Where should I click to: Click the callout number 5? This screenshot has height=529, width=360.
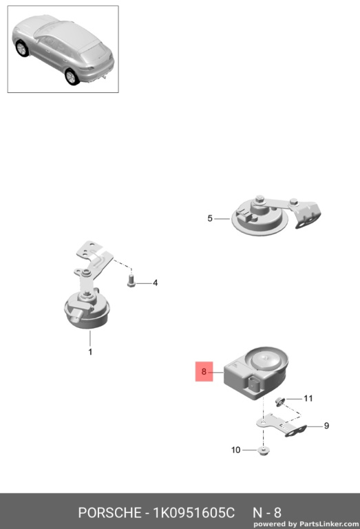point(210,218)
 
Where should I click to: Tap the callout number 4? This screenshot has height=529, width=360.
point(155,283)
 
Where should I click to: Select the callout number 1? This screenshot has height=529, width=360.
point(90,352)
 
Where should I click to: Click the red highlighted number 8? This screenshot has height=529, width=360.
point(204,371)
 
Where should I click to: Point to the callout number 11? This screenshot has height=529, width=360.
point(308,398)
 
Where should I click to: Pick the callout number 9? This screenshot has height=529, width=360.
point(326,426)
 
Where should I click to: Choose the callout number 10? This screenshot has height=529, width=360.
point(235,450)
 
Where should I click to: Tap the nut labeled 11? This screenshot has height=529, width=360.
point(279,401)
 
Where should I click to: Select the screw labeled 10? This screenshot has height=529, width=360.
point(262,450)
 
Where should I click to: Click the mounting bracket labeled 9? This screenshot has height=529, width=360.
point(282,426)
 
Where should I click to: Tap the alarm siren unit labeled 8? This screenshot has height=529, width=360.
point(256,373)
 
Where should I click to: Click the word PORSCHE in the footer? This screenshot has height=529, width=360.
point(109,512)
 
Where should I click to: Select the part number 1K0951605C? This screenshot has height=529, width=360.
point(194,512)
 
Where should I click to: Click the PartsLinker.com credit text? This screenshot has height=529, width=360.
point(306,524)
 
